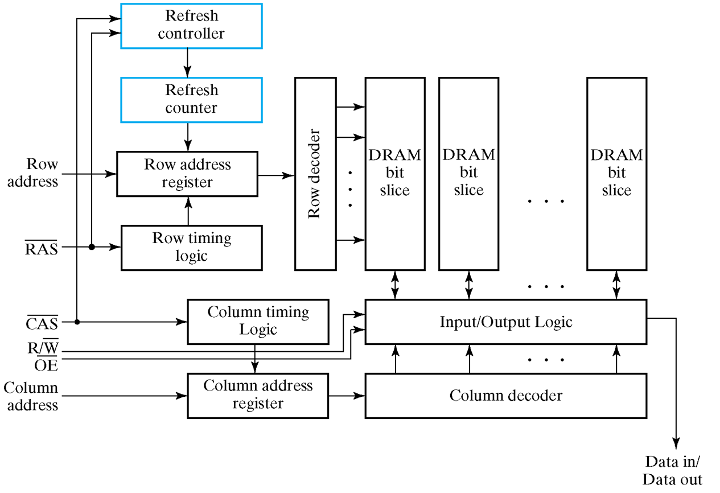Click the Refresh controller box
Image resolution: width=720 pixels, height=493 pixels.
(x=191, y=26)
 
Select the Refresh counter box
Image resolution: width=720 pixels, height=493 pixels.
(x=191, y=100)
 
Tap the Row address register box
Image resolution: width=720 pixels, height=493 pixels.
(x=187, y=174)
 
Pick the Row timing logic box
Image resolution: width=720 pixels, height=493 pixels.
(x=191, y=248)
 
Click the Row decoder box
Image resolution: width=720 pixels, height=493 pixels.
(x=315, y=174)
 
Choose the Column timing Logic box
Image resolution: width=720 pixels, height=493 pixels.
(x=258, y=322)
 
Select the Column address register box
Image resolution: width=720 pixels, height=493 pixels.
(x=258, y=396)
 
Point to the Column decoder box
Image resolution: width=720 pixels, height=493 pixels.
(x=505, y=396)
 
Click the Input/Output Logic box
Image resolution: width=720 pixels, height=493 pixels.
(x=505, y=322)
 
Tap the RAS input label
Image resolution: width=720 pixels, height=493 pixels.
(x=42, y=249)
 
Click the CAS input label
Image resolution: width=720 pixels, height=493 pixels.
(x=42, y=324)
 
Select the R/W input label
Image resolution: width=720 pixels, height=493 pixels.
(x=43, y=347)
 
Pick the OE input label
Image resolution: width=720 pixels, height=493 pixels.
(x=46, y=365)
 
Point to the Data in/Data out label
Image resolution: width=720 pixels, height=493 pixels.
(x=673, y=470)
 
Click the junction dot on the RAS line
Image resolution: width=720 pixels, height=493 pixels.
(x=92, y=247)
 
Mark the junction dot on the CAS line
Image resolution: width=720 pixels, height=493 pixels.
(x=77, y=322)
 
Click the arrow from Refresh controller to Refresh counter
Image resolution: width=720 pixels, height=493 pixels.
(x=187, y=63)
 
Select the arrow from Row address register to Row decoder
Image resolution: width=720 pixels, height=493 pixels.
(x=276, y=176)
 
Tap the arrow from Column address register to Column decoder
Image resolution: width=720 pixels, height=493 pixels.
(x=347, y=395)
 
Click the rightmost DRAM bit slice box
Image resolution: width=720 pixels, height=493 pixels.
(x=616, y=174)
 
